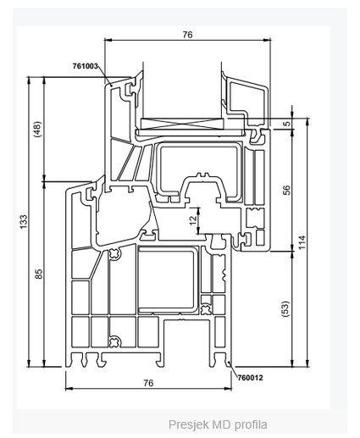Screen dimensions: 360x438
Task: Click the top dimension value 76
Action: pyautogui.click(x=187, y=35)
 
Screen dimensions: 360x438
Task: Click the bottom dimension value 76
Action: pyautogui.click(x=148, y=383)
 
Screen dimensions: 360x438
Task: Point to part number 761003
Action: pyautogui.click(x=86, y=66)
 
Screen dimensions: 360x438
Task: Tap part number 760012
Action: pyautogui.click(x=250, y=378)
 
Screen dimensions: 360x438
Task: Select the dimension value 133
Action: pyautogui.click(x=24, y=222)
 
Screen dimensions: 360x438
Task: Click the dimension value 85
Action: pyautogui.click(x=39, y=274)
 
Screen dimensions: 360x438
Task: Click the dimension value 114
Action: pyautogui.click(x=302, y=242)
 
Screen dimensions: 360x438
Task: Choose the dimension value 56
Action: pyautogui.click(x=286, y=190)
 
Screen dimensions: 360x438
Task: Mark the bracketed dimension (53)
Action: pyautogui.click(x=285, y=308)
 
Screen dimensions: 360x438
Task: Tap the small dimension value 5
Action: pyautogui.click(x=286, y=124)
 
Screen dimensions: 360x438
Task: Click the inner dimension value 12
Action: pyautogui.click(x=193, y=220)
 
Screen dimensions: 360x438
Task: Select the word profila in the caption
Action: pyautogui.click(x=251, y=424)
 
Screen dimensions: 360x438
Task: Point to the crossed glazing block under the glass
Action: pyautogui.click(x=183, y=124)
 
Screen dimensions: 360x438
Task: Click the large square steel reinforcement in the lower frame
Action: pyautogui.click(x=166, y=279)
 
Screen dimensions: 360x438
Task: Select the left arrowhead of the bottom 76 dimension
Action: pyautogui.click(x=69, y=389)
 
